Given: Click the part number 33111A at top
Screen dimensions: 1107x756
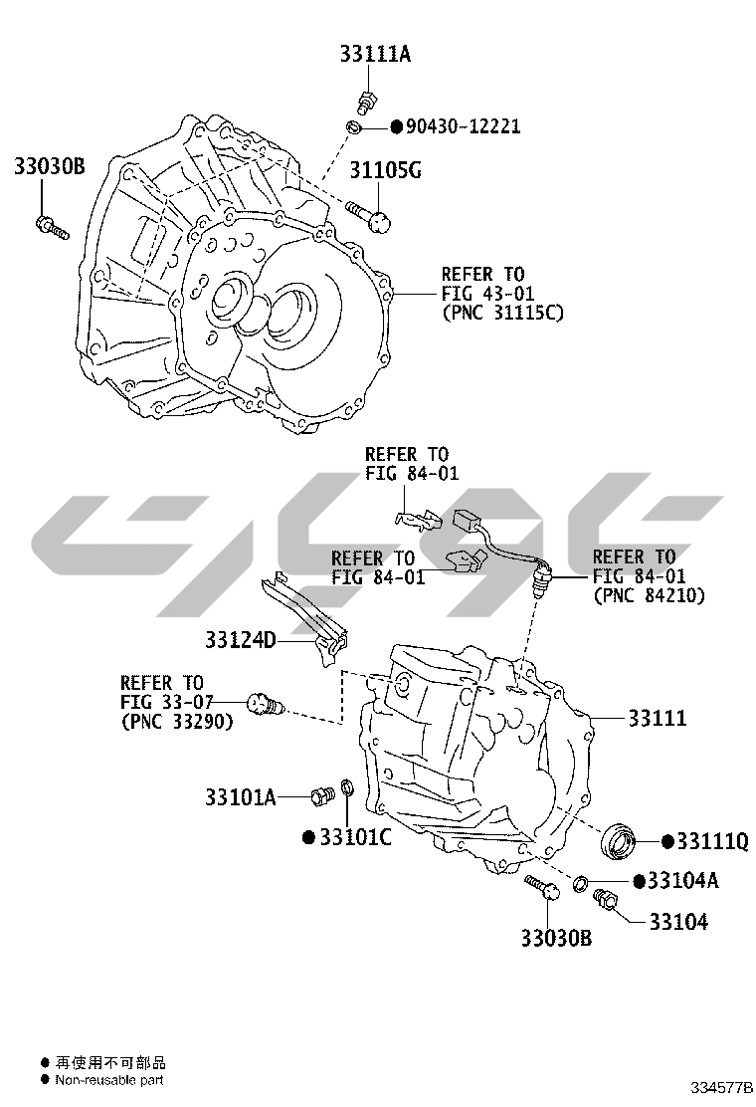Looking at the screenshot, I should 370,56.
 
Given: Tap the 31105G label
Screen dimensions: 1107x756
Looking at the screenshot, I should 385,170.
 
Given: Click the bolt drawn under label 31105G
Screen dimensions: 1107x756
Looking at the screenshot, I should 369,215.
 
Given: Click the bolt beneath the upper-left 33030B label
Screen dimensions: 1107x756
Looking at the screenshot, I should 51,228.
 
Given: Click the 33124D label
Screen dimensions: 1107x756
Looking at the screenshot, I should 240,640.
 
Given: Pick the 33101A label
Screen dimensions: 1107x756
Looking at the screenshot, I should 240,796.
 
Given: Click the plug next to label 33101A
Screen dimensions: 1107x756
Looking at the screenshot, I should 320,796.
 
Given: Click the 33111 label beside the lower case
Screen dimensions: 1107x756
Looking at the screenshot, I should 657,718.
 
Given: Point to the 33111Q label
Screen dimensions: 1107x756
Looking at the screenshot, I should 711,841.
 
